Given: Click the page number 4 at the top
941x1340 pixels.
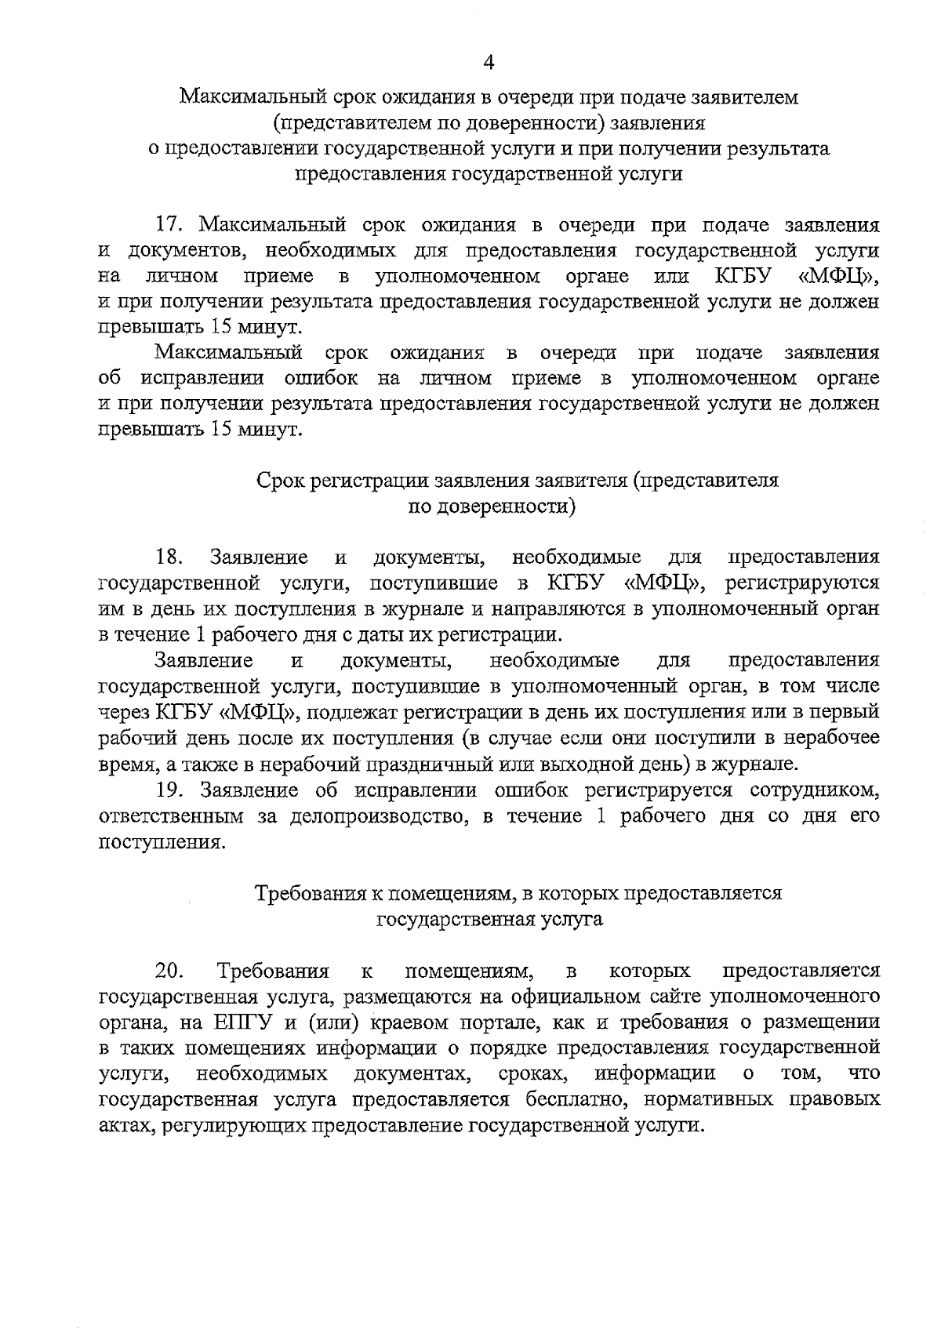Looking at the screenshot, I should click(489, 62).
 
